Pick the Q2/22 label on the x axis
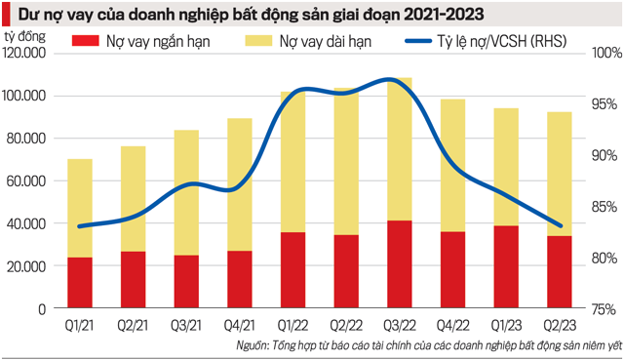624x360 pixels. click(345, 326)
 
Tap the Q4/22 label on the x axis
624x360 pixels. click(453, 326)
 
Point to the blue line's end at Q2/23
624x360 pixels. click(561, 225)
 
